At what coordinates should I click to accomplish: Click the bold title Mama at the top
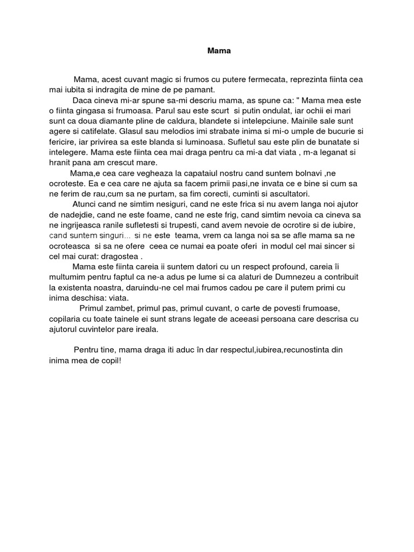pos(219,51)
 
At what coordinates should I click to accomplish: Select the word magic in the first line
pos(159,79)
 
